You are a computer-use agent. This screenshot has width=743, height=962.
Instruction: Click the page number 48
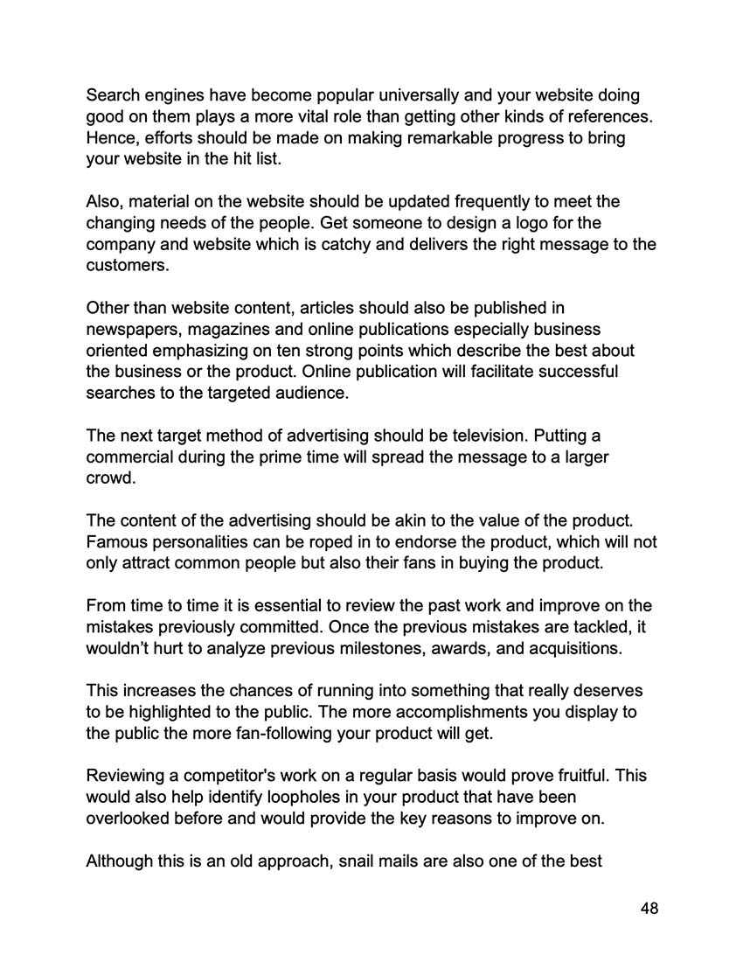(x=649, y=909)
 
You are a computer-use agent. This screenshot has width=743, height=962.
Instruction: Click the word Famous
(x=118, y=541)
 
